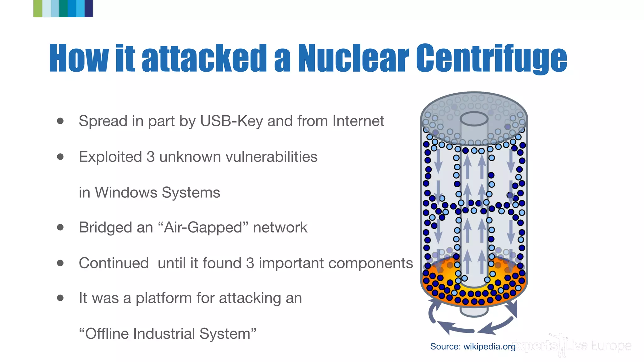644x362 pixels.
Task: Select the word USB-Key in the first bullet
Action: click(x=231, y=121)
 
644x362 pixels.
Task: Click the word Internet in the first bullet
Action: click(x=358, y=121)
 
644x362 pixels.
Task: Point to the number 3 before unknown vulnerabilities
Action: click(x=150, y=157)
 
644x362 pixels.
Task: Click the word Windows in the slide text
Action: click(x=126, y=192)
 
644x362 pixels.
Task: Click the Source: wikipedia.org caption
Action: click(x=473, y=346)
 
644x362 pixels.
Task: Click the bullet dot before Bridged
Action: click(x=60, y=227)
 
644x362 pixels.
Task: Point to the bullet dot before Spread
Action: click(x=60, y=121)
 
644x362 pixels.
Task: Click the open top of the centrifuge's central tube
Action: click(x=474, y=119)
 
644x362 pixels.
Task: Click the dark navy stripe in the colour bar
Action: click(x=89, y=8)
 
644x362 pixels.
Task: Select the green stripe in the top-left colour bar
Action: click(x=37, y=8)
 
